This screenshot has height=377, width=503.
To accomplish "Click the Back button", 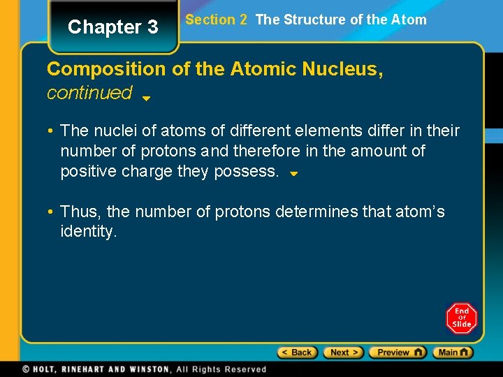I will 298,353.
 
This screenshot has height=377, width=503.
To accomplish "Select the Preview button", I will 397,353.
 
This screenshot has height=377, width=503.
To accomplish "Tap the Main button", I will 453,353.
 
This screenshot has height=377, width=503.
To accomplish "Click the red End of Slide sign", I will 461,318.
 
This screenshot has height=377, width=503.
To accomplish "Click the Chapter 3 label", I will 113,27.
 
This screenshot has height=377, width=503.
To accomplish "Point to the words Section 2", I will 216,20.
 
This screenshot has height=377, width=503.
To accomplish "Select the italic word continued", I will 89,92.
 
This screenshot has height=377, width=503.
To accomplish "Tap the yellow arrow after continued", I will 146,98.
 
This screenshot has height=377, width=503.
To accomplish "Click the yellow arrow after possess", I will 294,173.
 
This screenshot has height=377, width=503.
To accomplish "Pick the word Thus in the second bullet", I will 82,212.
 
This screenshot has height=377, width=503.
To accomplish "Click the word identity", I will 89,231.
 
